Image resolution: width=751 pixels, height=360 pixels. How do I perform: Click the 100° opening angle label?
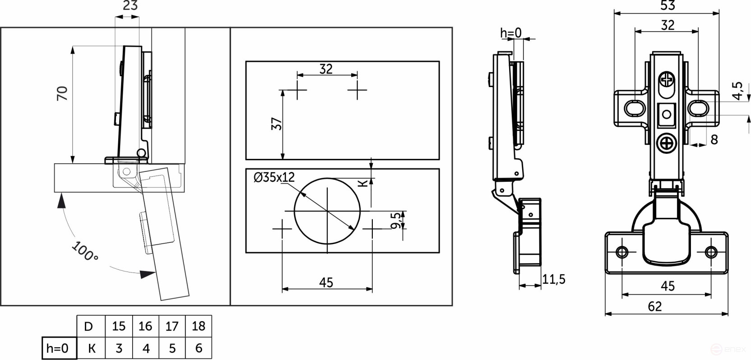tap(84, 251)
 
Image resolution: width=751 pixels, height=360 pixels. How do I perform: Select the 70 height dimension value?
tap(62, 93)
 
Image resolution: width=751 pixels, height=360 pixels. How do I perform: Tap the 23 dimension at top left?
tap(130, 6)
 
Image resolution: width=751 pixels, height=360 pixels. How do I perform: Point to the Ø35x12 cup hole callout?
tap(274, 177)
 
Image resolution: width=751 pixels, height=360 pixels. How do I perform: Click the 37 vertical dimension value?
tap(276, 124)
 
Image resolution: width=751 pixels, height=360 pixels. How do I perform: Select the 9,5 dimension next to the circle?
tap(396, 221)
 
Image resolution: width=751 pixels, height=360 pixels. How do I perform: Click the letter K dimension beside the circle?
tap(363, 183)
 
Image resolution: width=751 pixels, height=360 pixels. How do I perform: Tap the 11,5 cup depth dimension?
tap(554, 279)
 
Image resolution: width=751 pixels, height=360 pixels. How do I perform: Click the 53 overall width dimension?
tap(668, 5)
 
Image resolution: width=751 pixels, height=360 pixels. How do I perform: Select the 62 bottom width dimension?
tap(655, 307)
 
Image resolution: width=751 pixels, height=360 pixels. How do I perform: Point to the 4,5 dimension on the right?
tap(737, 91)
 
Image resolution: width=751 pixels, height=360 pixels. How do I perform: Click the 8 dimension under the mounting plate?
tap(714, 140)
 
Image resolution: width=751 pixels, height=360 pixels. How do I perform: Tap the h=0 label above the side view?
tap(511, 33)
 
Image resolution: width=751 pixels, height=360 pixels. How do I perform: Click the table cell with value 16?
tap(145, 326)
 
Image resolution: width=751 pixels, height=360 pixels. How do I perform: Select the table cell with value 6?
tap(199, 348)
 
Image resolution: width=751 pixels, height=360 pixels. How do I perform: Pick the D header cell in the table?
tap(88, 326)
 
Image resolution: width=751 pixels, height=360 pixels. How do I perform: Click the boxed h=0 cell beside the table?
tap(58, 348)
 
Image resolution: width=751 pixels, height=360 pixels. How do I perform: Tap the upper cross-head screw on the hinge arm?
tap(667, 80)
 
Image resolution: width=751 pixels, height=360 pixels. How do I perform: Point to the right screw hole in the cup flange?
tap(711, 252)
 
